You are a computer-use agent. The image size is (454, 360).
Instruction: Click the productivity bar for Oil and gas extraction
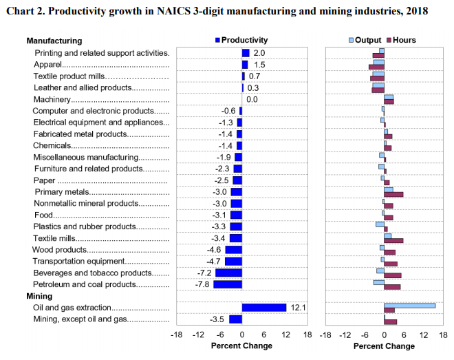click(263, 307)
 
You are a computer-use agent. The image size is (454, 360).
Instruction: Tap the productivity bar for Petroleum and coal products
click(228, 284)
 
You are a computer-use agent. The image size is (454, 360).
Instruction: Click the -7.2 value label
click(204, 273)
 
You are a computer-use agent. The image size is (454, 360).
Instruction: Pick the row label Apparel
click(49, 64)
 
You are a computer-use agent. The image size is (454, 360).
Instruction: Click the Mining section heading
click(39, 295)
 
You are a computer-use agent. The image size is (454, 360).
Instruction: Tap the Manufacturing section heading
click(54, 41)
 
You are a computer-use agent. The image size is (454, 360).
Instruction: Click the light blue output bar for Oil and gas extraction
click(409, 305)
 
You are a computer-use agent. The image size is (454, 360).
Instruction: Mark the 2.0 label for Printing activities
click(259, 53)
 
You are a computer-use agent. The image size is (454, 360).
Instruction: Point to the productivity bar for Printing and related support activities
click(246, 53)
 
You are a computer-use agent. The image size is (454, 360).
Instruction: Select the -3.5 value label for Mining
click(217, 319)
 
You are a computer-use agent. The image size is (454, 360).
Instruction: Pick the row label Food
click(43, 215)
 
